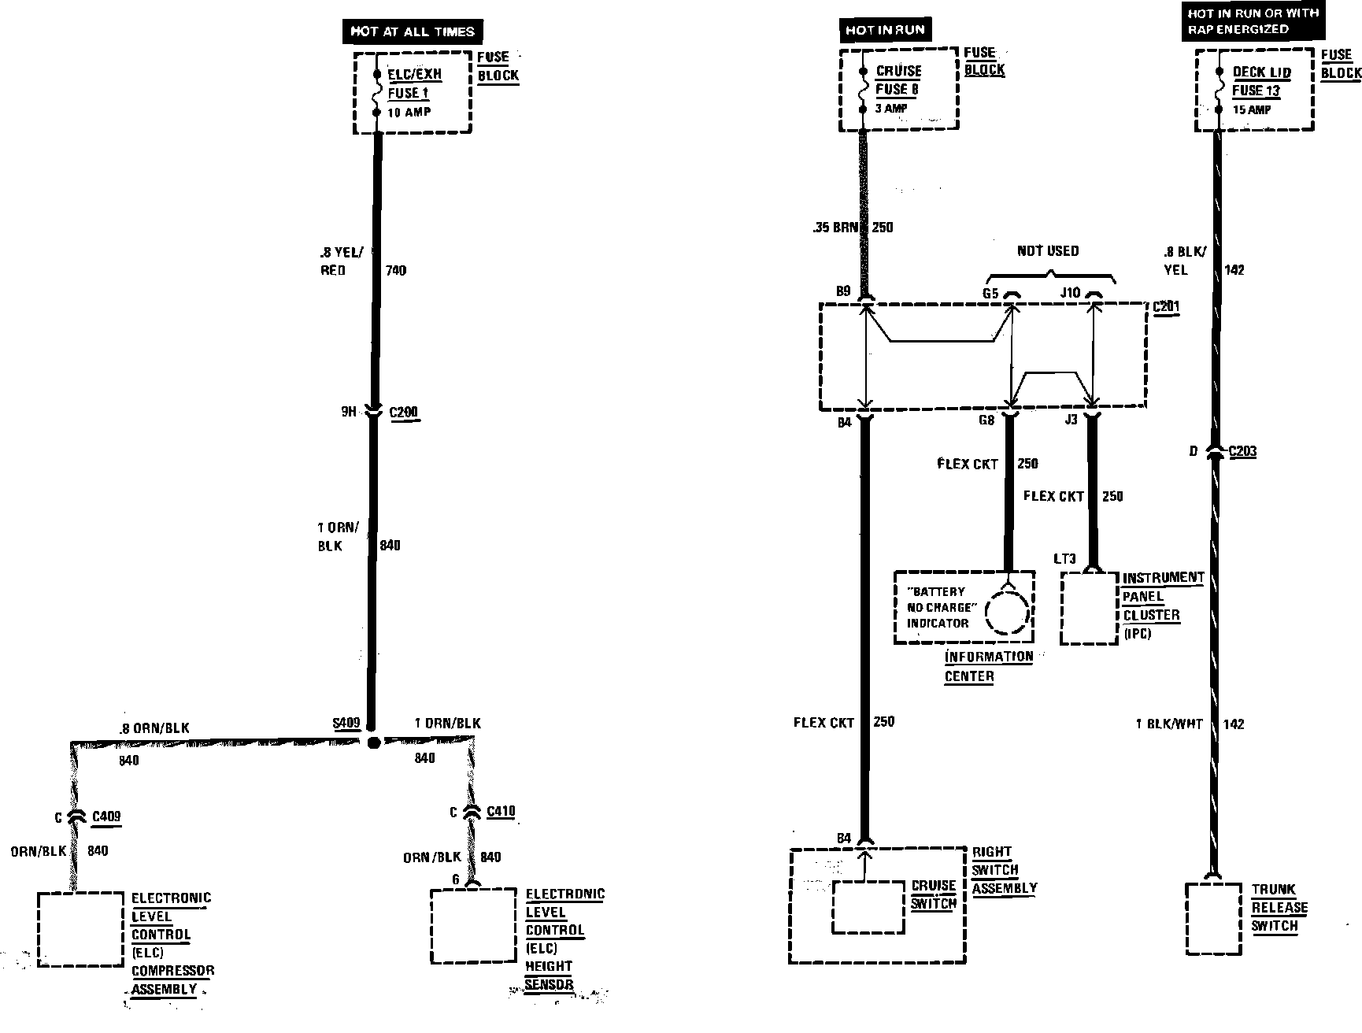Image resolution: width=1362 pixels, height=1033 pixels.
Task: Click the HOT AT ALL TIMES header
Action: (x=413, y=31)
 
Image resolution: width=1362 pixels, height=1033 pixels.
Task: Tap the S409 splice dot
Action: (x=374, y=742)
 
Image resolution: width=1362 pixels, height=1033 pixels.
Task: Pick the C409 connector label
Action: (x=106, y=816)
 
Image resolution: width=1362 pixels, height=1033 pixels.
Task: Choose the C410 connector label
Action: (x=501, y=812)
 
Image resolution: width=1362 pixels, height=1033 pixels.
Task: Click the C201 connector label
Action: (x=1165, y=306)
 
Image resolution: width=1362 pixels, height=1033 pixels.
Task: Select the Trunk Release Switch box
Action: (x=1214, y=919)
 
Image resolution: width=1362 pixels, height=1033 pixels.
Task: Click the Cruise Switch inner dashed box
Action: (x=868, y=907)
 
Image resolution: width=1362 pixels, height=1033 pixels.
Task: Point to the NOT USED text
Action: (x=1048, y=251)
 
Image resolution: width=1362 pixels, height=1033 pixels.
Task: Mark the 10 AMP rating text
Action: (x=409, y=113)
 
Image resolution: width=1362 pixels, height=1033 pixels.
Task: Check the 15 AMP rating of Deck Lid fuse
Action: (x=1252, y=110)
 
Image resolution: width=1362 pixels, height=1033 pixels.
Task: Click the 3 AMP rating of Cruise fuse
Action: (x=891, y=109)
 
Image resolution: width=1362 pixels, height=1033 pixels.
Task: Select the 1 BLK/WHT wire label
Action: (x=1168, y=724)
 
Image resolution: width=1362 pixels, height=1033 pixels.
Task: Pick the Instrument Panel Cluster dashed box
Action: (x=1089, y=608)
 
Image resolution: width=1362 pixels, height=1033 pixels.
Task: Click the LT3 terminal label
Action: (x=1064, y=559)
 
